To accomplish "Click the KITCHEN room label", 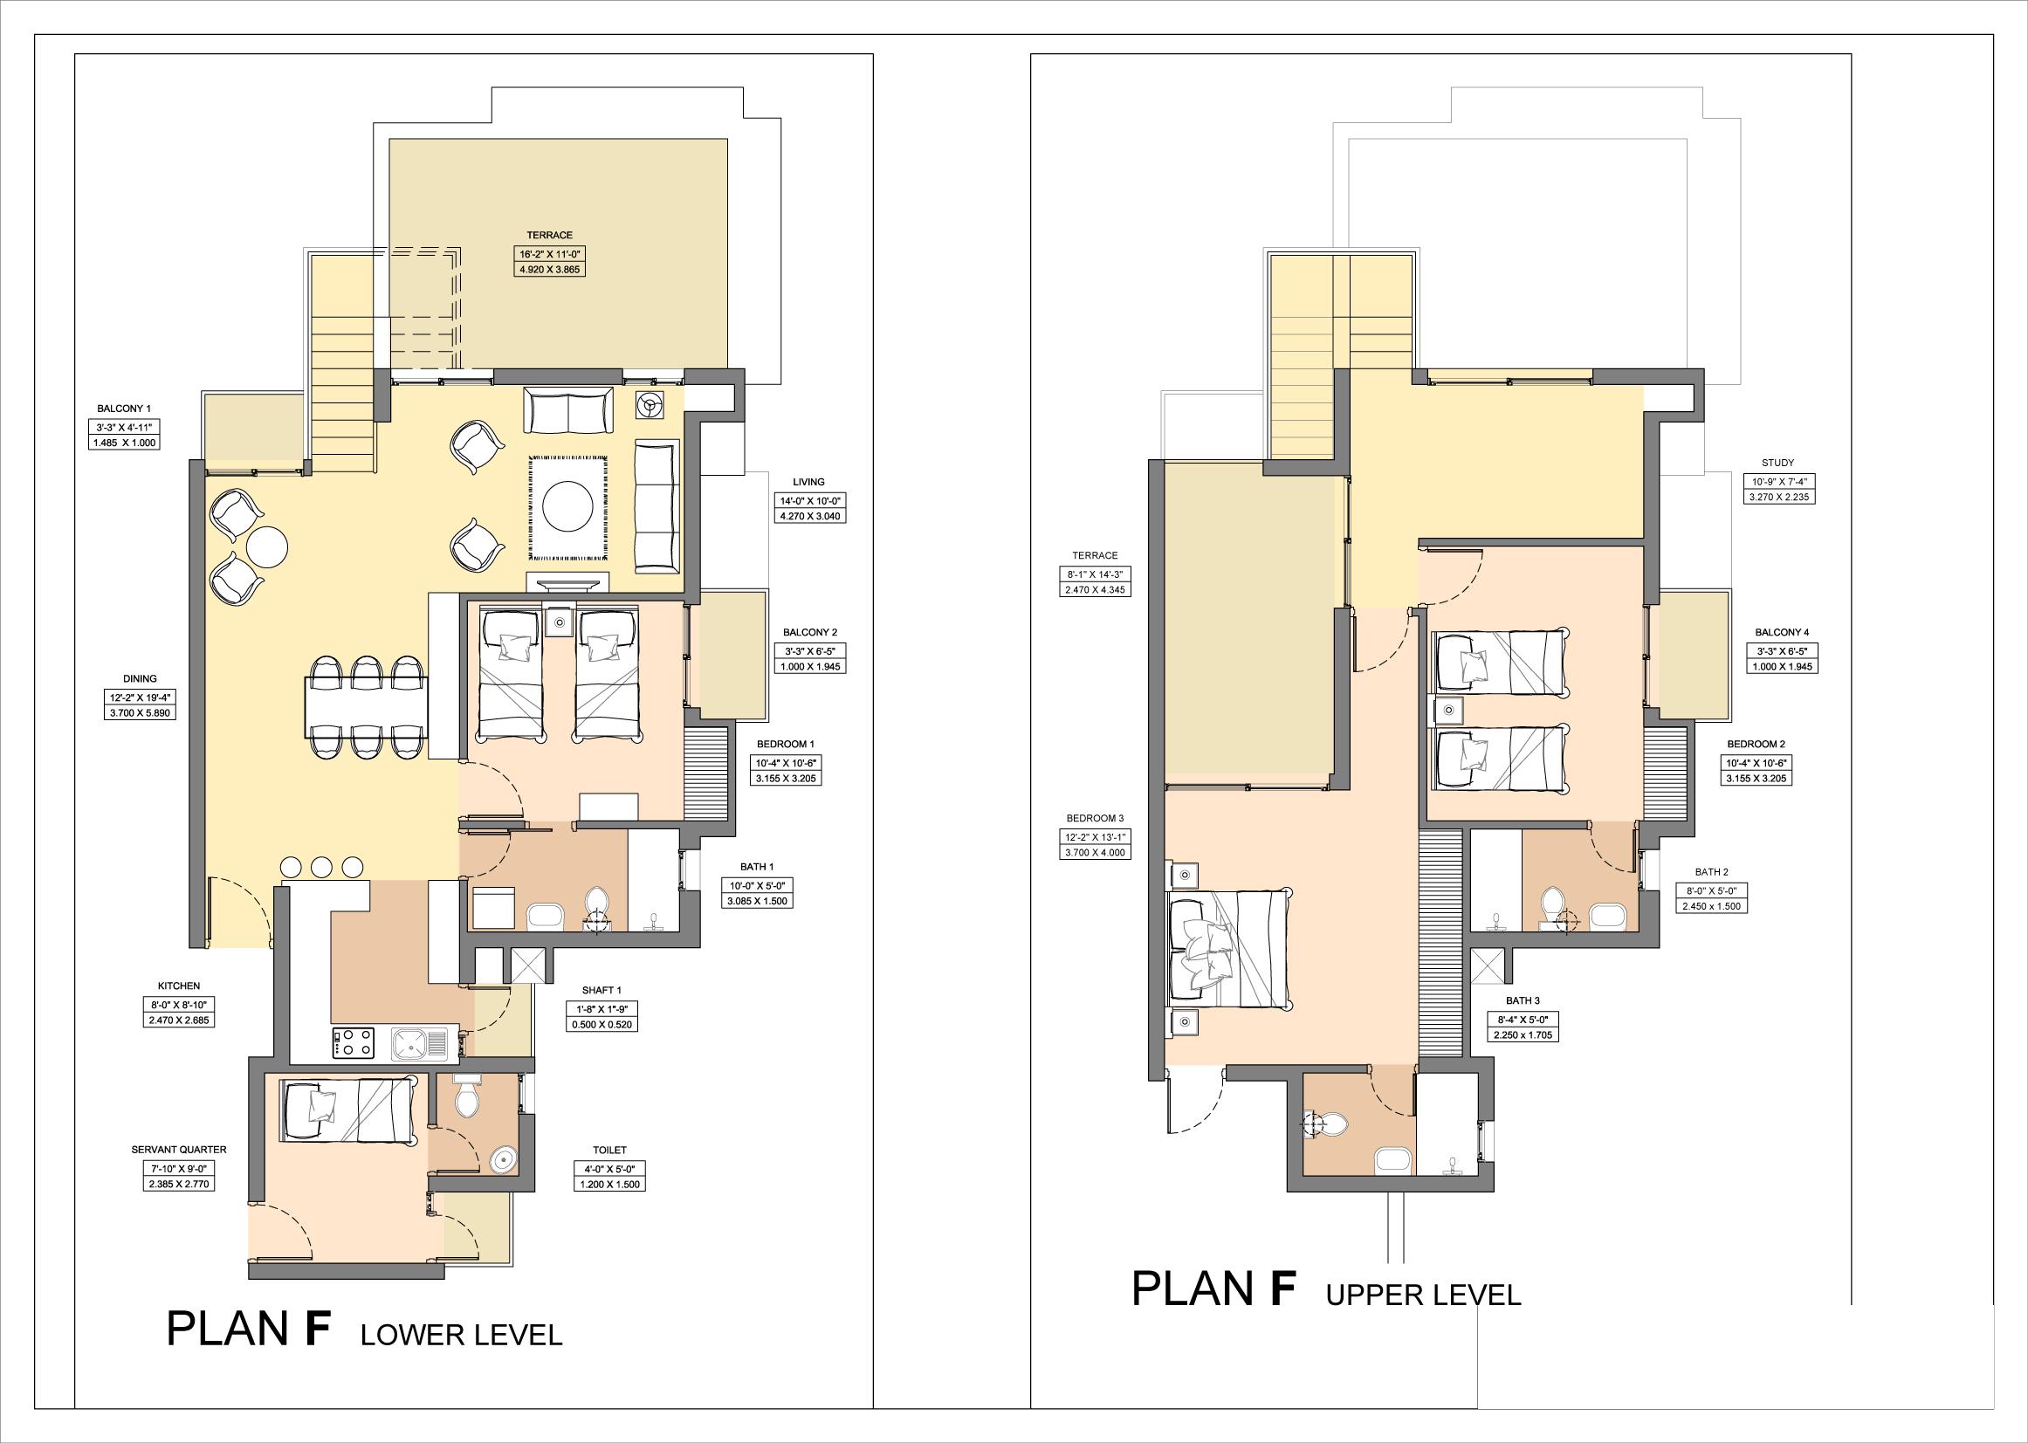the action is tap(179, 986).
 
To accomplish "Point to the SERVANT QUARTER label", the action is tap(179, 1150).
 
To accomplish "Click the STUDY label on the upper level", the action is tap(1777, 463).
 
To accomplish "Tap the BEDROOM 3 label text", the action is tap(1096, 817).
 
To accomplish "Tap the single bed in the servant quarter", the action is tap(349, 1110).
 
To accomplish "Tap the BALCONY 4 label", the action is tap(1782, 633).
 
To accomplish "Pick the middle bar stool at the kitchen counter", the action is tap(320, 865).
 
